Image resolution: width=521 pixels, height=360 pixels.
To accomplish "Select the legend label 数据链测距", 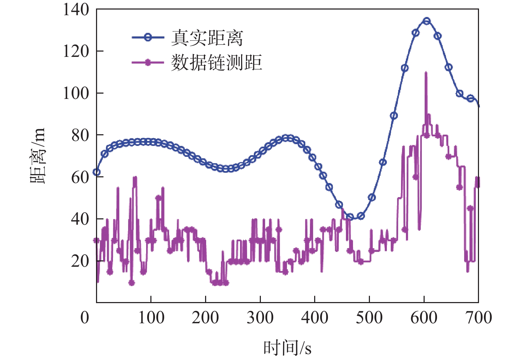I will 216,63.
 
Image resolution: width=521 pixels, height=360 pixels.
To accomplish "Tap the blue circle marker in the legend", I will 148,37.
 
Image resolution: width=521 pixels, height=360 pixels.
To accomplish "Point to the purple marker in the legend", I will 148,63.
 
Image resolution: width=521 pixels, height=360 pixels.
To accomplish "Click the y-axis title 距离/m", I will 38,156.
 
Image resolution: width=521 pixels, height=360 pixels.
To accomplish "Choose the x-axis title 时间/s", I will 287,348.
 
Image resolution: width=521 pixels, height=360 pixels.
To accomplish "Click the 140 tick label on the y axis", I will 76,10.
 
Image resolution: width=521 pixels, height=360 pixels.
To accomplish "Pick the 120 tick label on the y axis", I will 76,51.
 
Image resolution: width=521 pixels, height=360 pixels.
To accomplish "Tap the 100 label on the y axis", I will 76,93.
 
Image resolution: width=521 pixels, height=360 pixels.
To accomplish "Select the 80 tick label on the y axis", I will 80,135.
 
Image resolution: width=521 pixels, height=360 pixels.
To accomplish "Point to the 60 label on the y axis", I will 80,177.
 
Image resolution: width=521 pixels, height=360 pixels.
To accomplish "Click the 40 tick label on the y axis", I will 80,219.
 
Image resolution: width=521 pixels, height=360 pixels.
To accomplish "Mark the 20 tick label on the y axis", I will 80,261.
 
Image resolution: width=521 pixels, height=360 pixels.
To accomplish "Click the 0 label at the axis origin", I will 85,318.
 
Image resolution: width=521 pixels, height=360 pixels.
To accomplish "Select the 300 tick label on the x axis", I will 260,318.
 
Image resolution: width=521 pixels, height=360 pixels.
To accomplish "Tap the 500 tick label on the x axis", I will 369,318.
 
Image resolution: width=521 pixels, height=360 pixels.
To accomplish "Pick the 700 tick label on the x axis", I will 478,318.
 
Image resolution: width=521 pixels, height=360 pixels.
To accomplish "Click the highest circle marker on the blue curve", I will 427,21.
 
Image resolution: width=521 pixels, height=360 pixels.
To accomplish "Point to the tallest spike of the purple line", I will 426,73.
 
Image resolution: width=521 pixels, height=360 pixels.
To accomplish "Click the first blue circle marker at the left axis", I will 96,172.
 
